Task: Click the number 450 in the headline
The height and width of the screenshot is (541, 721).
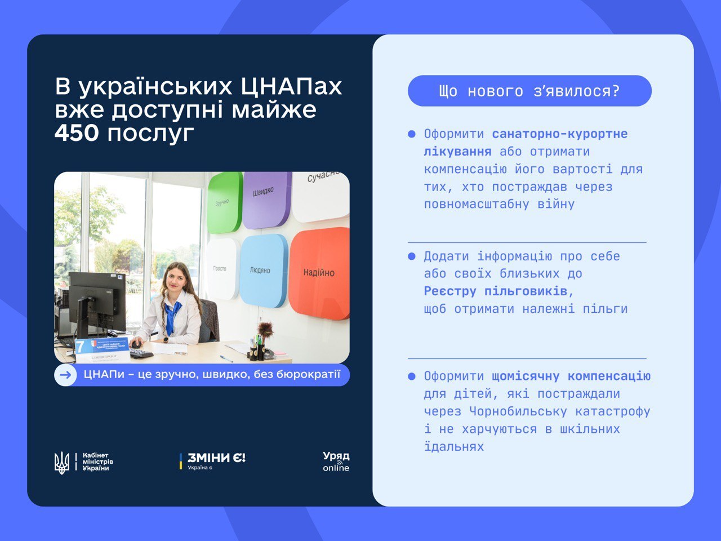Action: (x=77, y=133)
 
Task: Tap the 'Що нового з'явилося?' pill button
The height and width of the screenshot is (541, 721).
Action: (x=529, y=91)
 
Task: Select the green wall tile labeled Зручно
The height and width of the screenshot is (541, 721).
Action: (x=224, y=202)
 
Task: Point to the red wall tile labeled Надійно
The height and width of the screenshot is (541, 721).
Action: (x=319, y=273)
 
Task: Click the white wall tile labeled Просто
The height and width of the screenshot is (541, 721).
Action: (x=221, y=269)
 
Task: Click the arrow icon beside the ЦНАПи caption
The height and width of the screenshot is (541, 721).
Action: (x=65, y=375)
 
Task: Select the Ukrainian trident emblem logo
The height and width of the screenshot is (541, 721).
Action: (x=61, y=462)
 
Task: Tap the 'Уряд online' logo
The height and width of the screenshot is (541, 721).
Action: (x=336, y=461)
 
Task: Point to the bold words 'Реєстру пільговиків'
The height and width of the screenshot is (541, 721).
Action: (x=498, y=291)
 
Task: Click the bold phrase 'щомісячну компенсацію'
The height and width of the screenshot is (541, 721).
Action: (x=571, y=376)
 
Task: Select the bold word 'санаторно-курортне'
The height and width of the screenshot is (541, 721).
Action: (x=559, y=134)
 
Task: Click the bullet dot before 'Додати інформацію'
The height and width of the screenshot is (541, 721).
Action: (x=412, y=256)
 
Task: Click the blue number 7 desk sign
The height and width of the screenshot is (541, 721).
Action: (x=81, y=345)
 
